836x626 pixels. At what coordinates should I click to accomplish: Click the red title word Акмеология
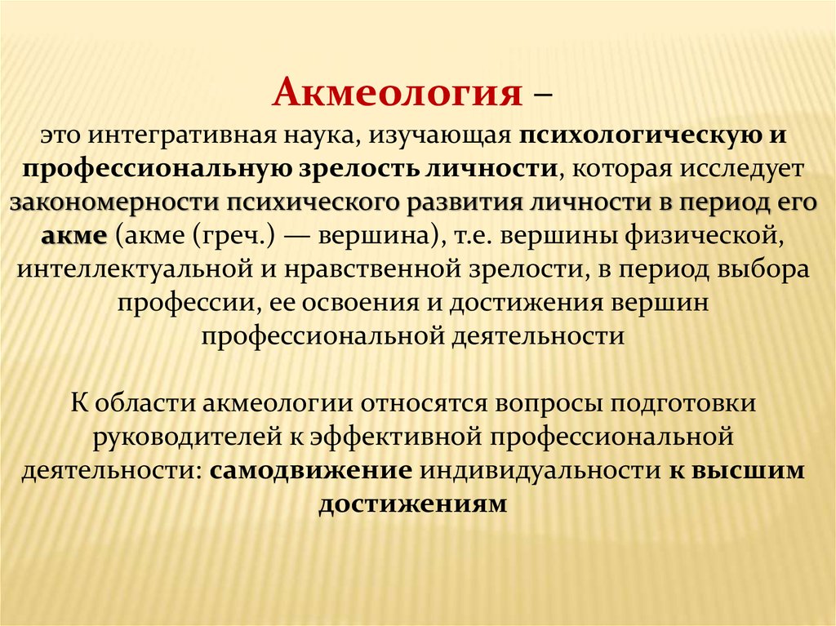[398, 92]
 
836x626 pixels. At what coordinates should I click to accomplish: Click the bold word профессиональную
[157, 169]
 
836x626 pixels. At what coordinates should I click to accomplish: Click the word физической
[705, 236]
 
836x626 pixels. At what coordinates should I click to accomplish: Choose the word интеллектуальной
[135, 269]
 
